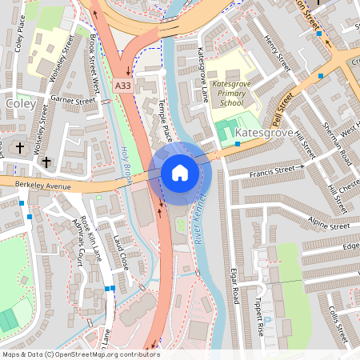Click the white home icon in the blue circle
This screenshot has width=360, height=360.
click(x=180, y=173)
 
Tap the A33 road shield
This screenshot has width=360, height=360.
click(x=123, y=85)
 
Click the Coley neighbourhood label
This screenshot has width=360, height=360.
click(x=21, y=104)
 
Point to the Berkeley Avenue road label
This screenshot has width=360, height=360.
click(x=42, y=186)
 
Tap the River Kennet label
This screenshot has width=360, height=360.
click(x=200, y=222)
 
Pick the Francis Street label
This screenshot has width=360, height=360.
click(x=272, y=170)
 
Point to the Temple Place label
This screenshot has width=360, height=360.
click(x=166, y=120)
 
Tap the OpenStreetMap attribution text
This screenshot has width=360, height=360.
click(x=80, y=354)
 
